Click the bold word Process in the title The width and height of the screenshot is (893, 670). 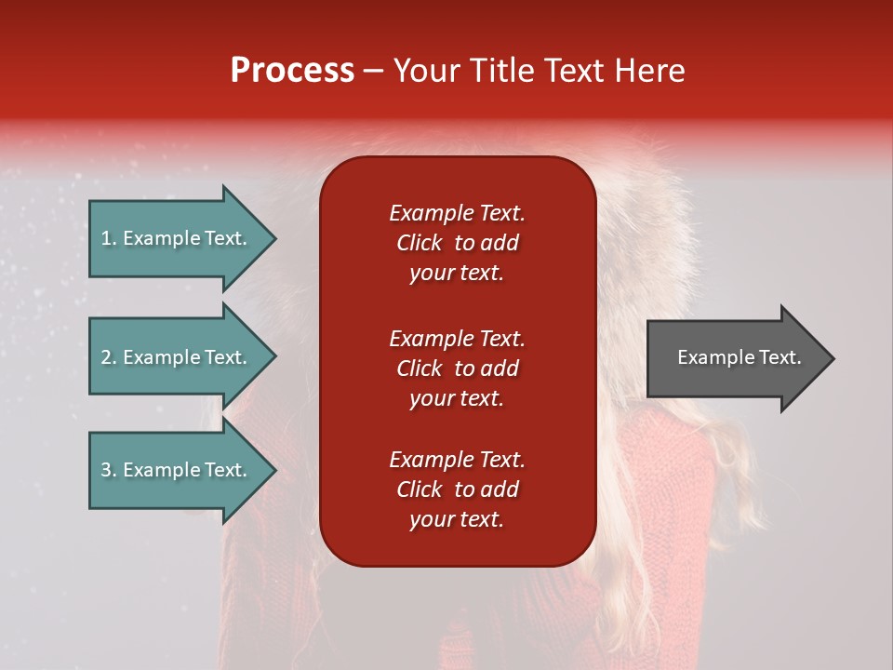292,71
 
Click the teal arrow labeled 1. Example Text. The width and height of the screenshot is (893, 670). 177,238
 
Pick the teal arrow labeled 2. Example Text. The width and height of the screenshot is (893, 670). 177,357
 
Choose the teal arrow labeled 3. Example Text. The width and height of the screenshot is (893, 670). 177,470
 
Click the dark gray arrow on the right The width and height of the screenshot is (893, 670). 735,358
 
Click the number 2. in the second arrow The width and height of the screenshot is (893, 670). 109,357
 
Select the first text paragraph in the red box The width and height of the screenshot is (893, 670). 457,243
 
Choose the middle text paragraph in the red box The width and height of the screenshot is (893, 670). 457,368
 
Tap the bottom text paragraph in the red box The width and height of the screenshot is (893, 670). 457,489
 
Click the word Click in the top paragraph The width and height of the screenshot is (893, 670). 419,243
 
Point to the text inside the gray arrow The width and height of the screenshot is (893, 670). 739,357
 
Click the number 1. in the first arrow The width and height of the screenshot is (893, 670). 109,238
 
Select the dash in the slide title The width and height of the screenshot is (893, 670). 373,72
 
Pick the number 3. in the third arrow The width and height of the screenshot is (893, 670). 109,470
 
